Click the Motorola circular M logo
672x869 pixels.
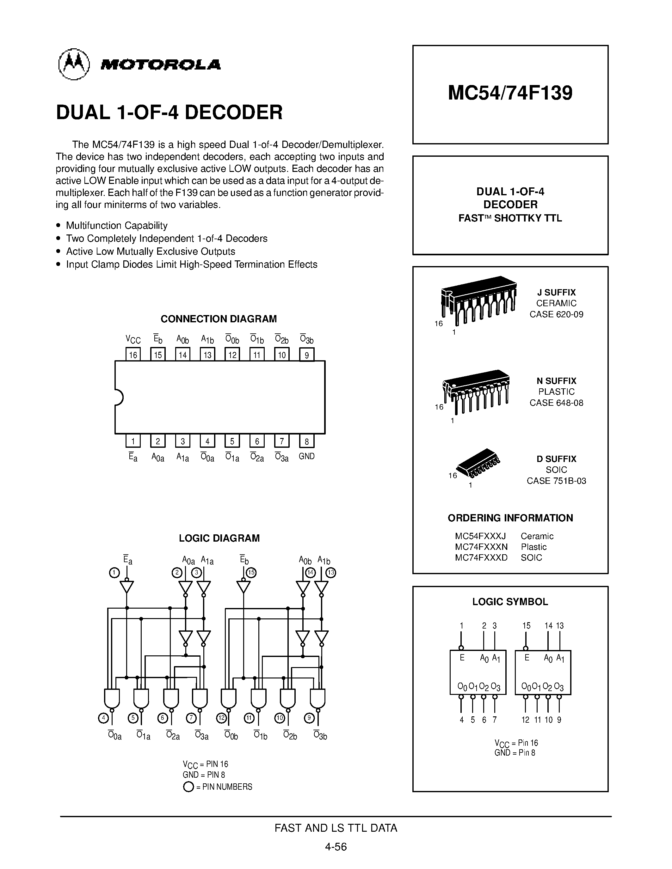(x=74, y=64)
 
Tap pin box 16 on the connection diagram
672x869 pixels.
(x=133, y=355)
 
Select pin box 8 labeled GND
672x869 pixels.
(x=306, y=441)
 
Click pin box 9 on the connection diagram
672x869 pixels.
(x=306, y=355)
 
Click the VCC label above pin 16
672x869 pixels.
(x=133, y=339)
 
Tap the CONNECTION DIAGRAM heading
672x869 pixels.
(x=219, y=319)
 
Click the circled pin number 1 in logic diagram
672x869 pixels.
(x=114, y=573)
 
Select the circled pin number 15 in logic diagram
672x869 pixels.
(x=251, y=573)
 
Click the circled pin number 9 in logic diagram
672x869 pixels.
(x=309, y=718)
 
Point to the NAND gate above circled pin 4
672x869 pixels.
(x=112, y=698)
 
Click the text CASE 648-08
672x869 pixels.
(x=556, y=403)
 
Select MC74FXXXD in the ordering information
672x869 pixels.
(x=481, y=557)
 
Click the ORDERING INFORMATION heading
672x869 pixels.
(x=510, y=518)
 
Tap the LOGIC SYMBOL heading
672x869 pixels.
(x=510, y=602)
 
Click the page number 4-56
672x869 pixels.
(x=336, y=847)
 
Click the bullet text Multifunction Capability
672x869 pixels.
(x=117, y=226)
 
